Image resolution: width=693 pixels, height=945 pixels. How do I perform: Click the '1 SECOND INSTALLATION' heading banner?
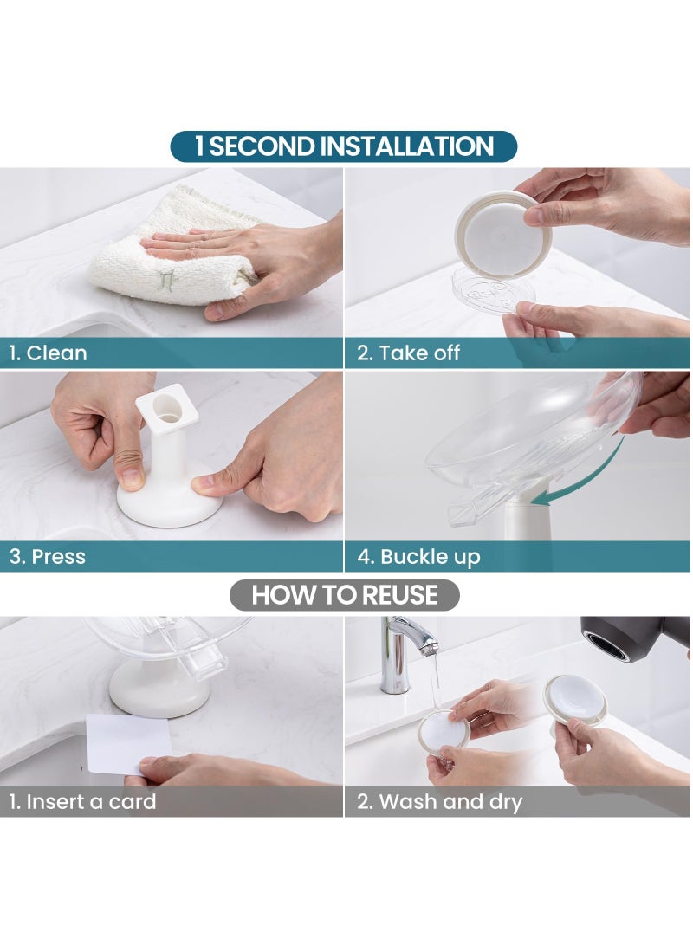[344, 146]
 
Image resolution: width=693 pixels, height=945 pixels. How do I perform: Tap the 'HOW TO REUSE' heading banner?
[344, 595]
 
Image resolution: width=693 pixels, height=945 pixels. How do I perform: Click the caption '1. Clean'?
[48, 353]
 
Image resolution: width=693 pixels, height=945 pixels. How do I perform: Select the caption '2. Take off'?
[408, 353]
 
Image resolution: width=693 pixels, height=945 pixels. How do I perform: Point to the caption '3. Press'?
[48, 557]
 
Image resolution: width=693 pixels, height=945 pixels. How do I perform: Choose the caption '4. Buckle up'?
[418, 557]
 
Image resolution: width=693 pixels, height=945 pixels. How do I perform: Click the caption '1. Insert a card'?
[82, 802]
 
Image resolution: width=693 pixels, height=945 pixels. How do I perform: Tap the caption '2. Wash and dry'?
[439, 802]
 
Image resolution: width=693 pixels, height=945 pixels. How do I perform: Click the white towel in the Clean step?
[173, 251]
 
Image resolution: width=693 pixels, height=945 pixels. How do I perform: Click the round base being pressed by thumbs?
[170, 506]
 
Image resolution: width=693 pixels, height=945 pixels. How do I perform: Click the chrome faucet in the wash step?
[404, 650]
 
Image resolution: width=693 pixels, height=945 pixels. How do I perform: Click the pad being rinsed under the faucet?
[444, 732]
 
